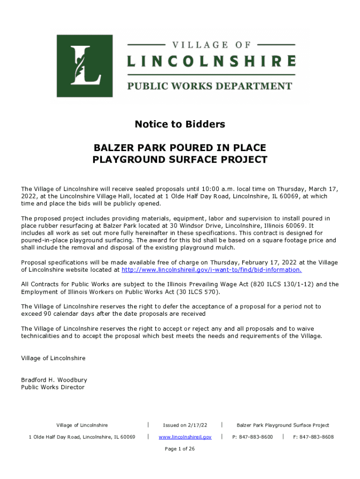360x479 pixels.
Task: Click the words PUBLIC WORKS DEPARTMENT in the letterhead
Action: [x=210, y=86]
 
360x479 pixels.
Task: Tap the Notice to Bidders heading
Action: [x=180, y=124]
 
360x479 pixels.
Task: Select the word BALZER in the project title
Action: [x=113, y=148]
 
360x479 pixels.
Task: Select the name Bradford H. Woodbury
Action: [x=54, y=380]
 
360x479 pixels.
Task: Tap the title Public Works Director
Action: [x=53, y=387]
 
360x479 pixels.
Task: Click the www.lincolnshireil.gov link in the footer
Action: [x=185, y=437]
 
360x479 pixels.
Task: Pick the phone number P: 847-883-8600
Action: [x=253, y=437]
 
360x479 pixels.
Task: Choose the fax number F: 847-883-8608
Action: [x=313, y=437]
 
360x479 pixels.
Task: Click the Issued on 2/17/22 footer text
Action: [x=185, y=425]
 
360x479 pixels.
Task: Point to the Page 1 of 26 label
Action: [x=180, y=449]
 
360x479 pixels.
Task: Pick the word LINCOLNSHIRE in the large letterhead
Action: [x=211, y=61]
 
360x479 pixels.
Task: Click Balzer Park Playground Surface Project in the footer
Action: [x=283, y=425]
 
